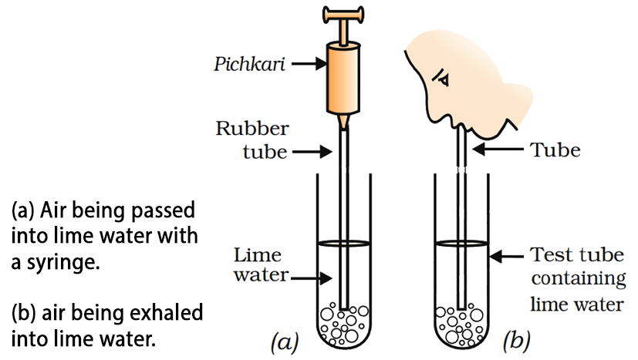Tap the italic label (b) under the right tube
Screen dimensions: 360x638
(x=515, y=339)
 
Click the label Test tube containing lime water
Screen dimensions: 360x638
(x=577, y=279)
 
